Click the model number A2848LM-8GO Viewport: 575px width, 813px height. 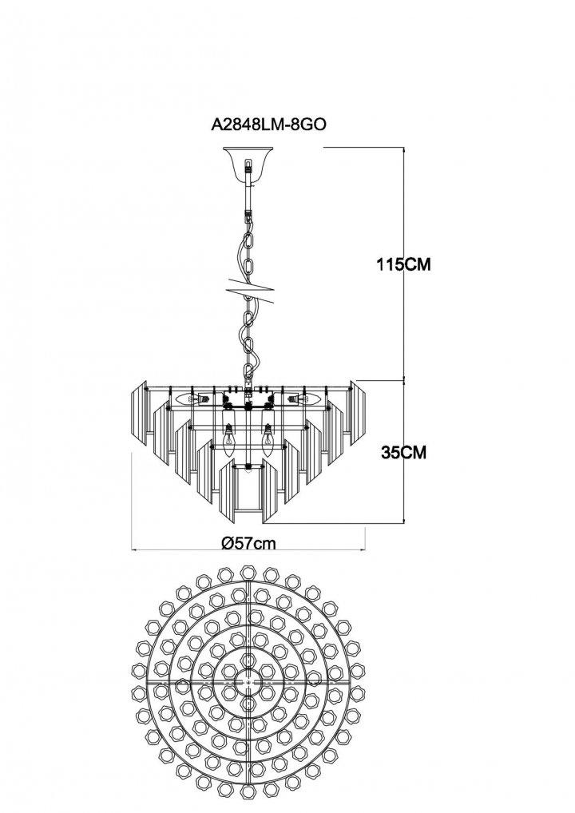pos(268,125)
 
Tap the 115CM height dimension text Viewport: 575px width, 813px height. pos(404,264)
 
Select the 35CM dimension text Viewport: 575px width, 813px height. pos(404,452)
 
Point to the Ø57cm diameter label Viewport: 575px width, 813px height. pos(248,543)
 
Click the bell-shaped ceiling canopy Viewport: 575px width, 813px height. pos(248,162)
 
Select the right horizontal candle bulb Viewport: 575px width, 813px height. pos(303,399)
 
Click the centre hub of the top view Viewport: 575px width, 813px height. pos(248,682)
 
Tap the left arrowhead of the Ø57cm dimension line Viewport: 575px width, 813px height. pos(133,548)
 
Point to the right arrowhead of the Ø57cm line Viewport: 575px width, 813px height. pos(365,548)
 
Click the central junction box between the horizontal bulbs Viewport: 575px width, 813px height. pos(248,400)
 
